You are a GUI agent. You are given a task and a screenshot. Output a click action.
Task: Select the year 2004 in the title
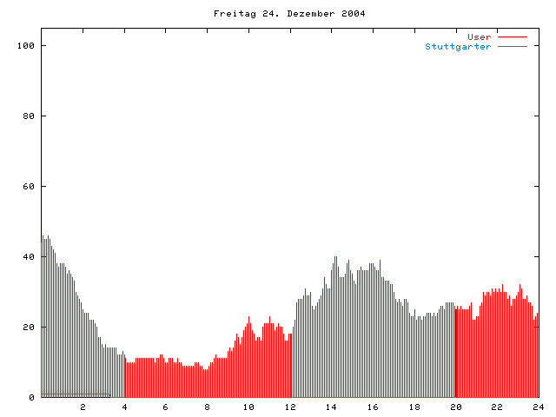(x=352, y=14)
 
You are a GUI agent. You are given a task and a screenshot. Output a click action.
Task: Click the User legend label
(x=479, y=37)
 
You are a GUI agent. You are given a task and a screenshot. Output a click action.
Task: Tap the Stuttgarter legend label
(x=458, y=47)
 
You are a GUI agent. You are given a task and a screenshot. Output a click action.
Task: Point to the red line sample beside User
(x=513, y=37)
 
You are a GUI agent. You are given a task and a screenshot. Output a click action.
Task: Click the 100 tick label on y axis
(x=26, y=45)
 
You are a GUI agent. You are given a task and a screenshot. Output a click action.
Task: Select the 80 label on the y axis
(x=29, y=116)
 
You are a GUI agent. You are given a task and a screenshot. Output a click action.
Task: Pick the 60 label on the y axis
(x=29, y=186)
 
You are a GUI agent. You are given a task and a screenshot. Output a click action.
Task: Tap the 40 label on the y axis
(x=29, y=256)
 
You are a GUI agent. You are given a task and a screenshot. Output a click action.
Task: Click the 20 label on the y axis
(x=29, y=327)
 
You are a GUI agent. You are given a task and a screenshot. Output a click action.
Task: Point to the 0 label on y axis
(x=31, y=397)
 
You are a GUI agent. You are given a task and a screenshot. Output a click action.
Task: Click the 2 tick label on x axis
(x=83, y=407)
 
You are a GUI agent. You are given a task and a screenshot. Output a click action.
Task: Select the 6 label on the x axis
(x=166, y=407)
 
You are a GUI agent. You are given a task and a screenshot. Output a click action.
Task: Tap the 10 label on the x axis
(x=248, y=407)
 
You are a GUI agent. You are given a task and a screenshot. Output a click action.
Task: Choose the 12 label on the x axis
(x=290, y=407)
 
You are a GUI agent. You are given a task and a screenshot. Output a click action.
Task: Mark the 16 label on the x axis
(x=373, y=407)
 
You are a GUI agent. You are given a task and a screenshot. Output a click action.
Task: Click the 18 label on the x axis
(x=414, y=407)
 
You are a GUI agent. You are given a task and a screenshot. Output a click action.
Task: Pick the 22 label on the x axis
(x=497, y=407)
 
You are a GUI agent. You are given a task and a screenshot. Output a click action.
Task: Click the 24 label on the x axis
(x=538, y=407)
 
